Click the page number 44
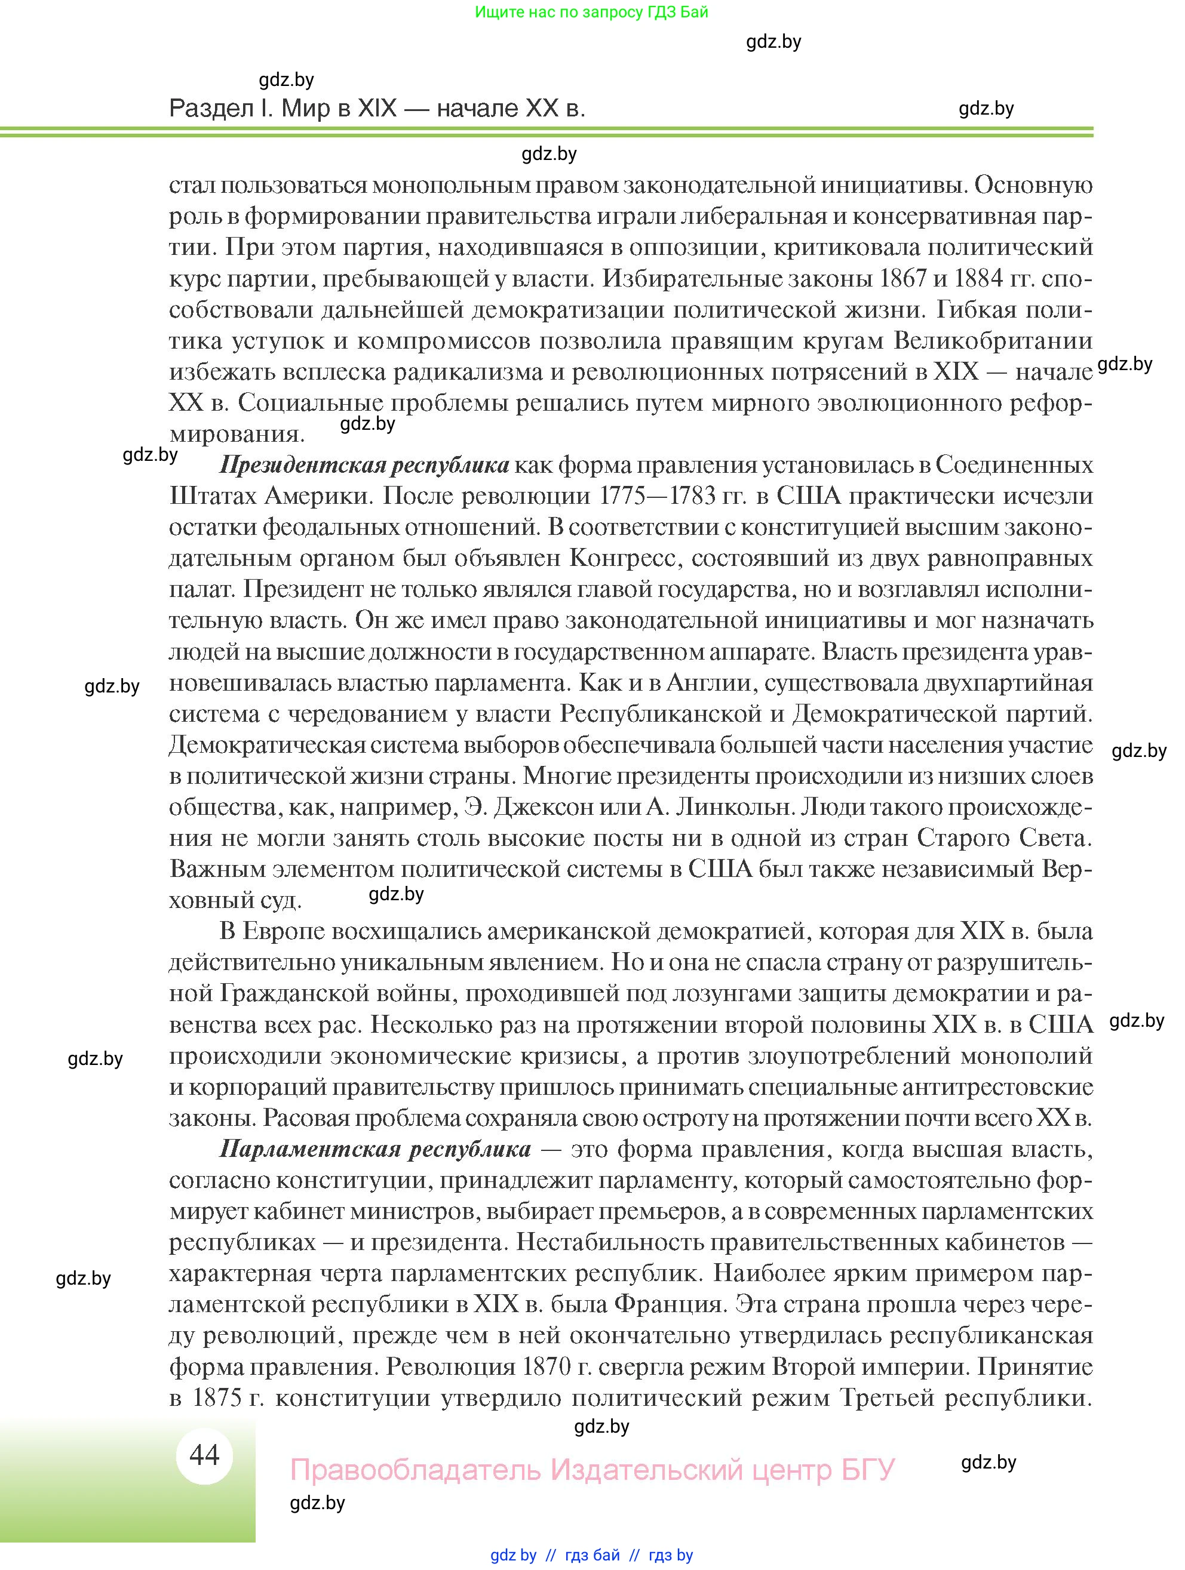(x=204, y=1455)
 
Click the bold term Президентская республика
(x=364, y=465)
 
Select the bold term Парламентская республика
(x=375, y=1149)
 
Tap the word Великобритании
(x=992, y=341)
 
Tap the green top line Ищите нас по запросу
(x=591, y=12)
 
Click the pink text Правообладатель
(x=415, y=1470)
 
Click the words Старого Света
(x=1004, y=838)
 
